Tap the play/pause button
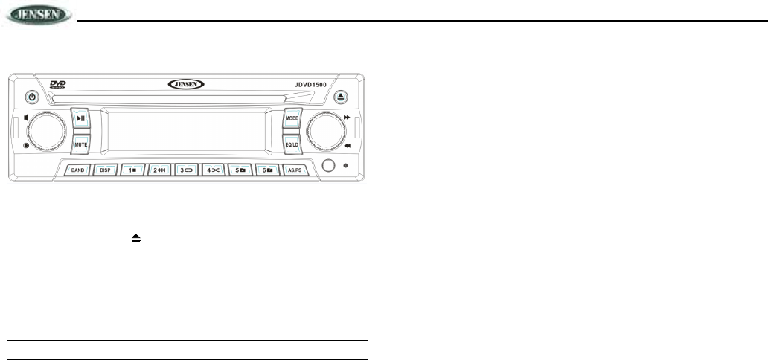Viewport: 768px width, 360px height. (x=81, y=119)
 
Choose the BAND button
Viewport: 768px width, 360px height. (x=78, y=170)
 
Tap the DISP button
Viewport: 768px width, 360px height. (x=105, y=170)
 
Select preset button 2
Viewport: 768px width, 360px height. (x=159, y=170)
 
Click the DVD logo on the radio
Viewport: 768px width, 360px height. (x=58, y=85)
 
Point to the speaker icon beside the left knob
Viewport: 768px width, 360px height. (x=27, y=117)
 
